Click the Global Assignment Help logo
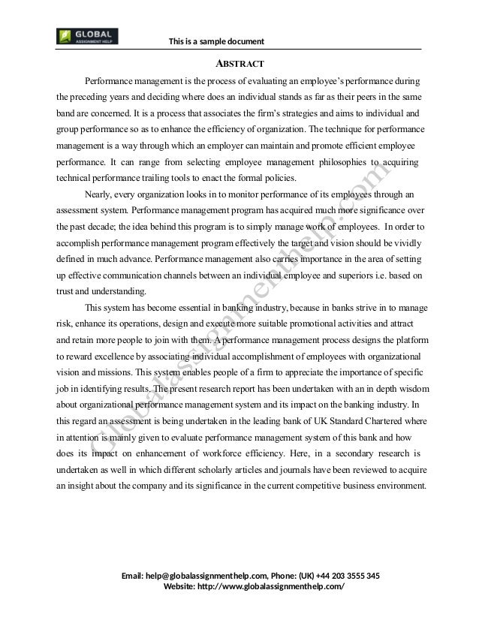pyautogui.click(x=87, y=36)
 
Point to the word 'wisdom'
pyautogui.click(x=411, y=389)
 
